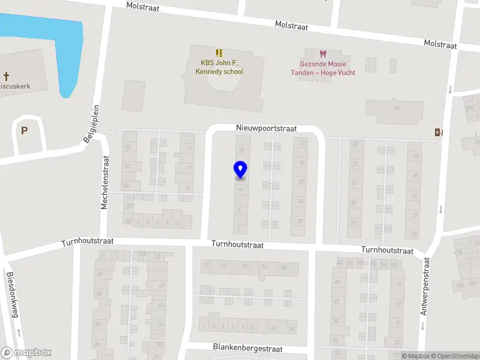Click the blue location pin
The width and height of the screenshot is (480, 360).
(x=241, y=169)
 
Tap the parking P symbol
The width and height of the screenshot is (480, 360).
(x=25, y=130)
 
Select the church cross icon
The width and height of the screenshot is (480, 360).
(x=7, y=76)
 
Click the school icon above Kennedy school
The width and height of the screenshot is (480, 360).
(x=220, y=53)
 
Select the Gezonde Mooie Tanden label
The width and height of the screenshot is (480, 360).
(x=328, y=68)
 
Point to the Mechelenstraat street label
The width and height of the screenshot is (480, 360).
(x=104, y=182)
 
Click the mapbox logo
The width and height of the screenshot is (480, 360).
(x=26, y=353)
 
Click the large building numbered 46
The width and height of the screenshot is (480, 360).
(x=393, y=110)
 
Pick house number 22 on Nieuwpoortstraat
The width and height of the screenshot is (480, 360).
(x=302, y=143)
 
